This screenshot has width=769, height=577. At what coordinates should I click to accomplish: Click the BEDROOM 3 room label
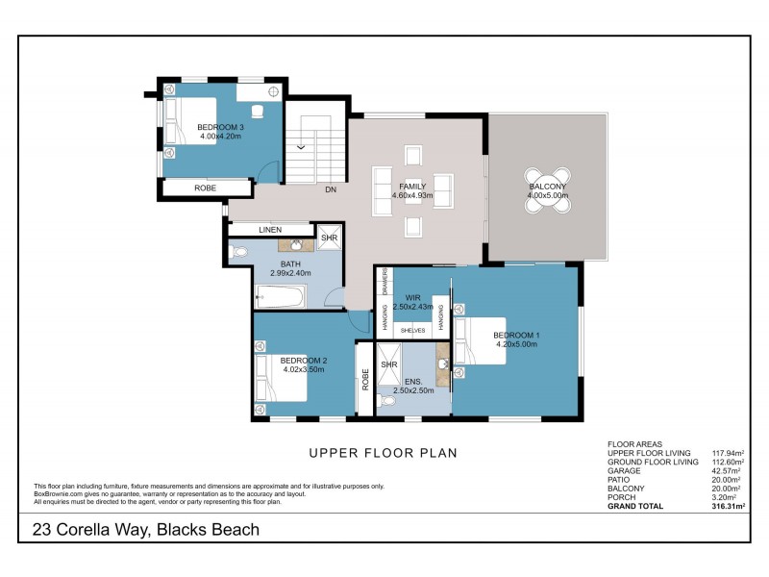tap(220, 127)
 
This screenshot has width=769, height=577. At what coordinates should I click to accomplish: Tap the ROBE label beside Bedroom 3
tap(205, 188)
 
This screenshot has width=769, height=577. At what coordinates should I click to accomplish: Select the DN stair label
tap(331, 189)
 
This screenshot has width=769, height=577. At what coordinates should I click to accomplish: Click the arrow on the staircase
tap(301, 147)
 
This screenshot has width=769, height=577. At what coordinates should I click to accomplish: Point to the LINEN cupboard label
tap(270, 230)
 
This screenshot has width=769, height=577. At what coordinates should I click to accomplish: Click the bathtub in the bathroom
tap(281, 296)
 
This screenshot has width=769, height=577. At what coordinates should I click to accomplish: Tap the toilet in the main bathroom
tap(238, 252)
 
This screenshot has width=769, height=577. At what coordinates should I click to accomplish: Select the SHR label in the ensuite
tap(389, 364)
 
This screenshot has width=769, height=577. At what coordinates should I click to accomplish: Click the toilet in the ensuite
tap(386, 401)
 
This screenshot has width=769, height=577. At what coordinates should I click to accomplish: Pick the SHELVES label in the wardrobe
tap(413, 331)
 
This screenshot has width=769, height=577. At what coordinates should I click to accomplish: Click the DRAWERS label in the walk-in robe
tap(385, 282)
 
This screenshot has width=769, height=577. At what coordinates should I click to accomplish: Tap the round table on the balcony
tap(548, 190)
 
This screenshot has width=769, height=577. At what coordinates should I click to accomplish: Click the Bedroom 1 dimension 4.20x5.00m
tap(516, 344)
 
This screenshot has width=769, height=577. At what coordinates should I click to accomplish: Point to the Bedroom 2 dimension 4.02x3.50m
tap(304, 369)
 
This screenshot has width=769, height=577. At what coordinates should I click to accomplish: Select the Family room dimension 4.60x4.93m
tap(412, 195)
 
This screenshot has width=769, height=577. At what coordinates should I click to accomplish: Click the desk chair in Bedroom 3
tap(258, 112)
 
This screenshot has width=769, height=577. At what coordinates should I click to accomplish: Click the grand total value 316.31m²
tap(729, 506)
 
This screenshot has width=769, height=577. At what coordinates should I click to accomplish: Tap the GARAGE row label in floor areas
tap(624, 470)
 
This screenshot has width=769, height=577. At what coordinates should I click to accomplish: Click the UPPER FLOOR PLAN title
tap(383, 453)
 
